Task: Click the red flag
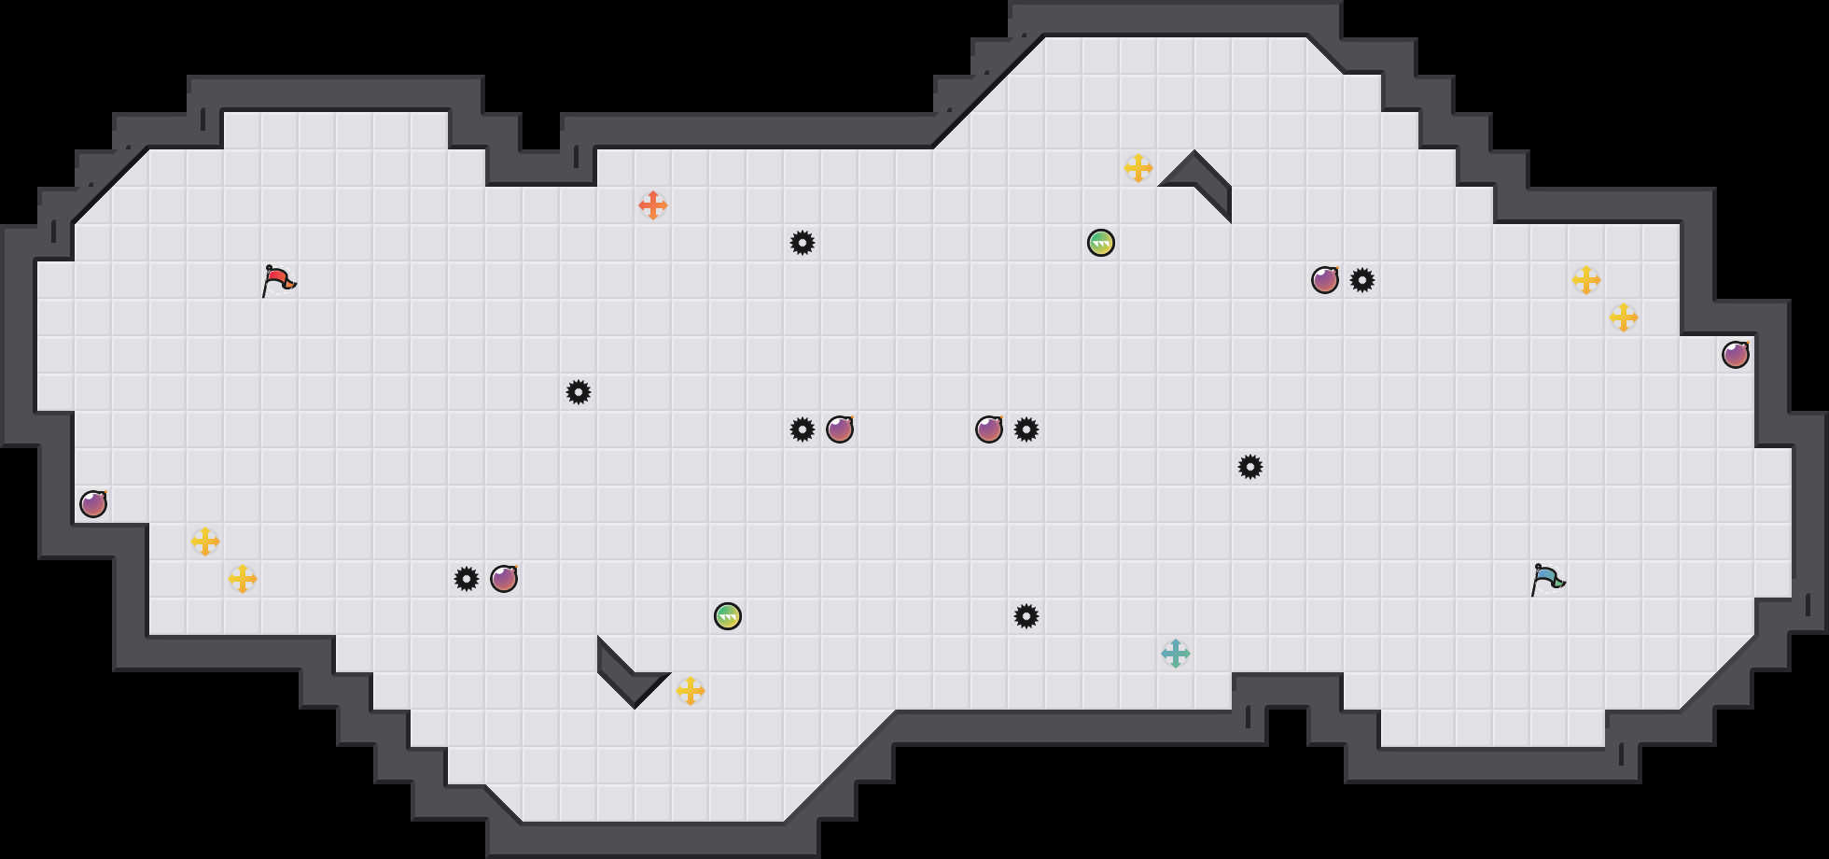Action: pyautogui.click(x=278, y=280)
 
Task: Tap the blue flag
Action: pyautogui.click(x=1547, y=579)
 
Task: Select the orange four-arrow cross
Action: pyautogui.click(x=653, y=205)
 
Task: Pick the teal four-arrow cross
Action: pyautogui.click(x=1176, y=654)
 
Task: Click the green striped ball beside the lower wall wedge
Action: pyautogui.click(x=728, y=616)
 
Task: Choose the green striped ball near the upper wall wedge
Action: pyautogui.click(x=1101, y=243)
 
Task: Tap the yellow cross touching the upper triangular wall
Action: pyautogui.click(x=1138, y=168)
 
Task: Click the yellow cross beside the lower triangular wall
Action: pyautogui.click(x=691, y=691)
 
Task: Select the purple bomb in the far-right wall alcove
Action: pyautogui.click(x=1736, y=355)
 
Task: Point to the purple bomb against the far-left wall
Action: pyautogui.click(x=93, y=504)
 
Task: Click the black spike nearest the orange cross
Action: pyautogui.click(x=803, y=243)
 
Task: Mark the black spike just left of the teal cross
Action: pyautogui.click(x=1026, y=616)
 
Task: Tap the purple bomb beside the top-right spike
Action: pyautogui.click(x=1325, y=280)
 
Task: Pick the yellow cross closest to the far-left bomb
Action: pyautogui.click(x=205, y=542)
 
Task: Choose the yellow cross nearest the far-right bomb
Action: pyautogui.click(x=1624, y=317)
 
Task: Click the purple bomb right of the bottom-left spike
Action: pyautogui.click(x=504, y=579)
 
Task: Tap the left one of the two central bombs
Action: pyautogui.click(x=840, y=429)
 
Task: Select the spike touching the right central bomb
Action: pyautogui.click(x=1026, y=429)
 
